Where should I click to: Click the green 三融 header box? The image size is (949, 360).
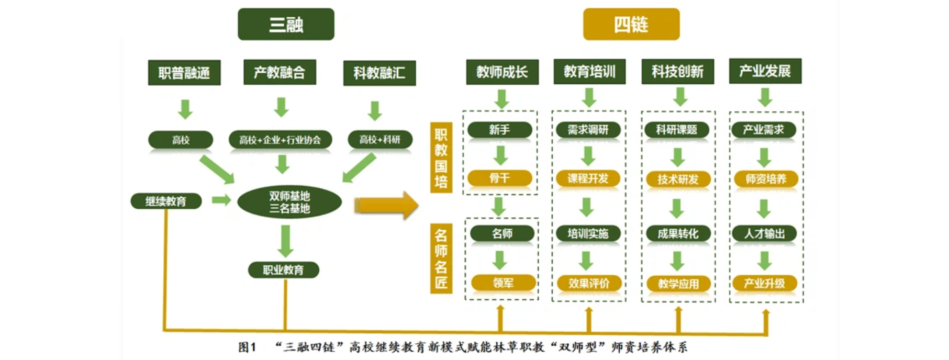286,24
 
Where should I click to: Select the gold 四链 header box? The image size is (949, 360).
631,24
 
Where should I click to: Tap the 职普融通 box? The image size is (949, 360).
184,72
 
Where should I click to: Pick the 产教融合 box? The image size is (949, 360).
280,72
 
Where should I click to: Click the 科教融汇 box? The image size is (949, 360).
379,73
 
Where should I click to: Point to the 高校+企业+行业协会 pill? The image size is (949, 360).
280,140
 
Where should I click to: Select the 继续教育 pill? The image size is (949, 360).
166,201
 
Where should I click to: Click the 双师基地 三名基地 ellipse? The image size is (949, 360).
289,202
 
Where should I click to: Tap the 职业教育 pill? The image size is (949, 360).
283,270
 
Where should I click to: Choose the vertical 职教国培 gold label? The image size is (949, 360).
441,158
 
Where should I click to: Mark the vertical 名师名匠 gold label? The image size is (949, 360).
441,258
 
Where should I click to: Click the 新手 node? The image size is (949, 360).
500,130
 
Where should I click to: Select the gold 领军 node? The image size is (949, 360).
503,283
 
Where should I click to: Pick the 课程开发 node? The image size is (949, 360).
588,178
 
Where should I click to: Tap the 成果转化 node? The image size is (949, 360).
678,233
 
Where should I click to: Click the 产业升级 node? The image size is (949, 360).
764,284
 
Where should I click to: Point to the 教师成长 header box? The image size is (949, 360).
502,72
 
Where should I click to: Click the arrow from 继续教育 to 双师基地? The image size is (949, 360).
221,200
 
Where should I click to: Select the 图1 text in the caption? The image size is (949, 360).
247,347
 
